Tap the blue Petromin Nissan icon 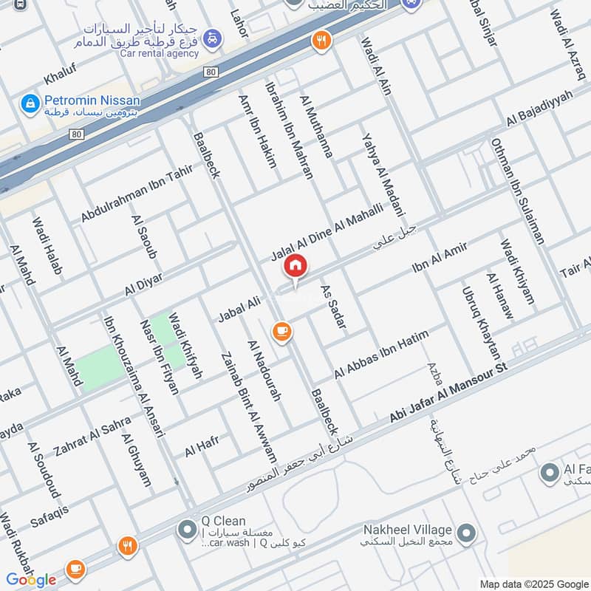30,103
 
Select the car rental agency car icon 212,37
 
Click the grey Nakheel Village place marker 465,532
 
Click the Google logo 31,579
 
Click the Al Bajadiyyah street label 539,109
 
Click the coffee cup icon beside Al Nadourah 281,332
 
